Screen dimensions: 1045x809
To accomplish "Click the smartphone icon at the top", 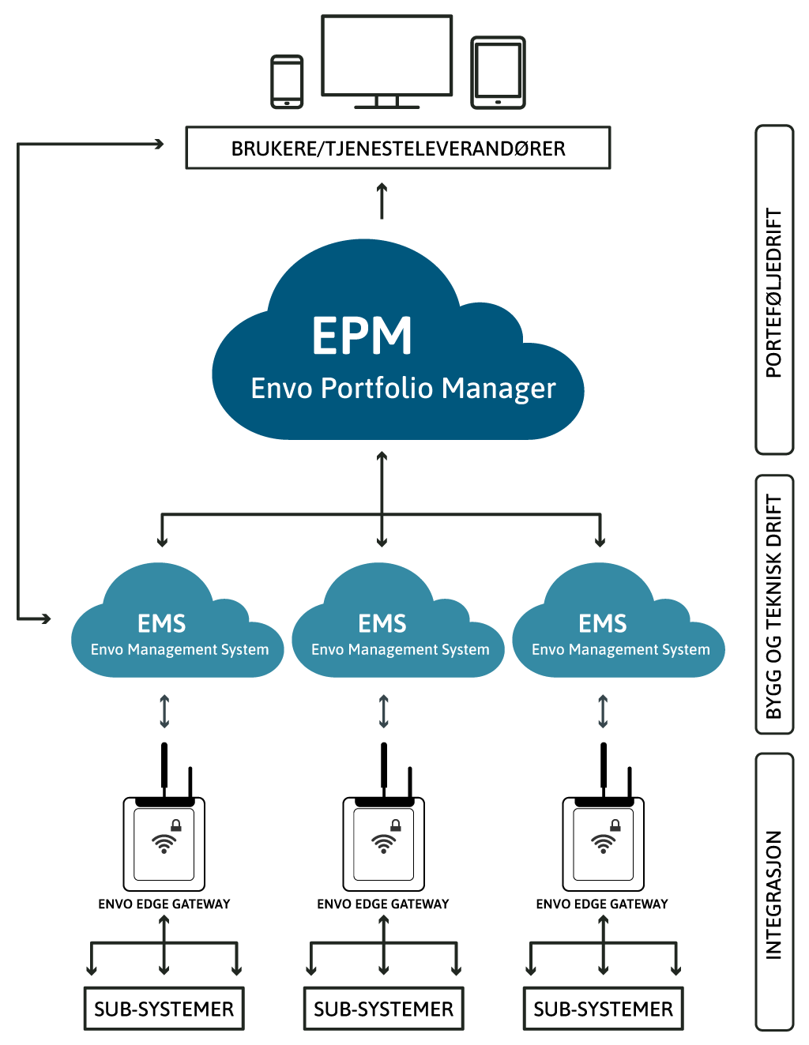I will point(287,81).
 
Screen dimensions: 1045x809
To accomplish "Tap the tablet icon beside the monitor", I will point(498,73).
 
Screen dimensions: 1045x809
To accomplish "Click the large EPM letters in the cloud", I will point(362,336).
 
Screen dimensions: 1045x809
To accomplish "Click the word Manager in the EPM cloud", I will point(499,389).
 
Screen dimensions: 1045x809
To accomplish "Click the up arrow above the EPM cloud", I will point(382,201).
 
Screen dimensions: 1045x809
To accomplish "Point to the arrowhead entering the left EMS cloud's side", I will point(46,618).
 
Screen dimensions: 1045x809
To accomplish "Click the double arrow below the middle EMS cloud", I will point(384,710).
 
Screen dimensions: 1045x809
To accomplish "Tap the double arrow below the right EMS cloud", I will point(603,710).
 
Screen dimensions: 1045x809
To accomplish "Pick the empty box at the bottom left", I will point(164,1008).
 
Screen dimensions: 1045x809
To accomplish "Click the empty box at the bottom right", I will point(604,1008).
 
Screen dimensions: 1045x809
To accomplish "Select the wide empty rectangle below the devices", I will point(398,148).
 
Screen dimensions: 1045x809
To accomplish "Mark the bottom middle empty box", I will point(384,1008).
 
